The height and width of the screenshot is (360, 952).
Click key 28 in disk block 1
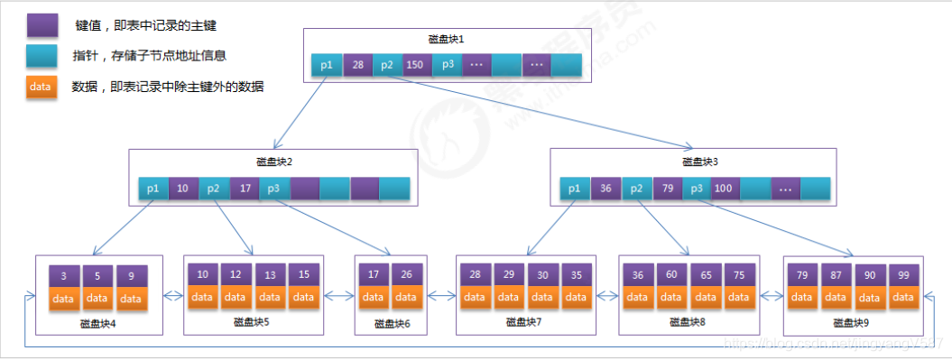click(357, 66)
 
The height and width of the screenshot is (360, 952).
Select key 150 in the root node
click(415, 66)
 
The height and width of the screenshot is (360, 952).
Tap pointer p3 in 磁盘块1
click(447, 66)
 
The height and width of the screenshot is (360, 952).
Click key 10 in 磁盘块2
click(183, 189)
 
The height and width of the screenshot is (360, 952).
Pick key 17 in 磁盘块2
click(244, 189)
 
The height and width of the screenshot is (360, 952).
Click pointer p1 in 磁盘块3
click(575, 189)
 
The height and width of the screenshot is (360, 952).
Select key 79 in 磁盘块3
click(667, 189)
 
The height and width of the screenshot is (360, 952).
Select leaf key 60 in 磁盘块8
click(672, 273)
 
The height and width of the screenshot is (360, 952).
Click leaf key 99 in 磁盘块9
click(903, 273)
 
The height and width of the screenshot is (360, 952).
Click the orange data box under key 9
click(131, 299)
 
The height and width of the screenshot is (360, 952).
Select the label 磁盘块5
click(252, 320)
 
